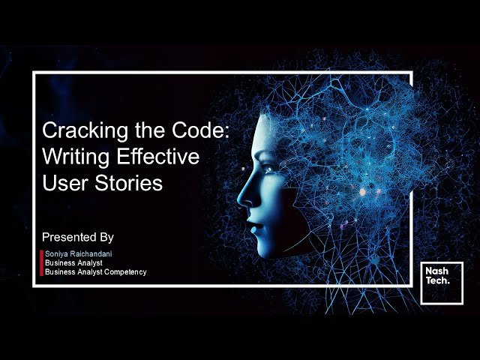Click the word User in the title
click(x=64, y=183)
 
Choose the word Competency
click(x=121, y=271)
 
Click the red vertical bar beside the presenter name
click(x=41, y=262)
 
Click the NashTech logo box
click(x=442, y=283)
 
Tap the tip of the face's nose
click(x=241, y=201)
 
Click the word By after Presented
click(x=106, y=237)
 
